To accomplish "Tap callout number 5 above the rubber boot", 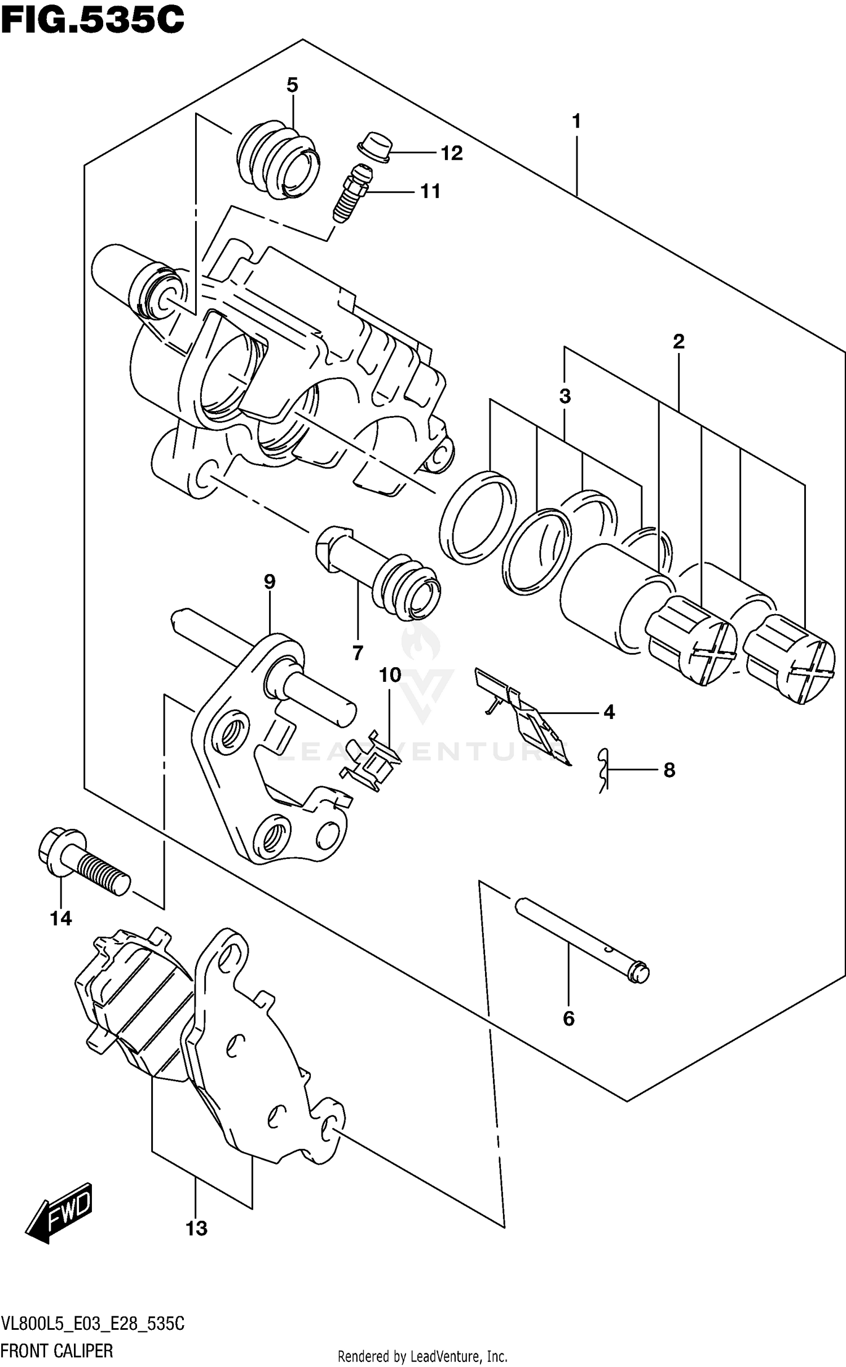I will click(292, 85).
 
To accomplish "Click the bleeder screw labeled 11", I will click(351, 192).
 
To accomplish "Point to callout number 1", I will click(576, 121).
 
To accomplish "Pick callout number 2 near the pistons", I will click(678, 341).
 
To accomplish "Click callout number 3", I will click(565, 396).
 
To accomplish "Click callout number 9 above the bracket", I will click(270, 581).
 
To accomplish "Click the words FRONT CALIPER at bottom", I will click(56, 1351).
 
